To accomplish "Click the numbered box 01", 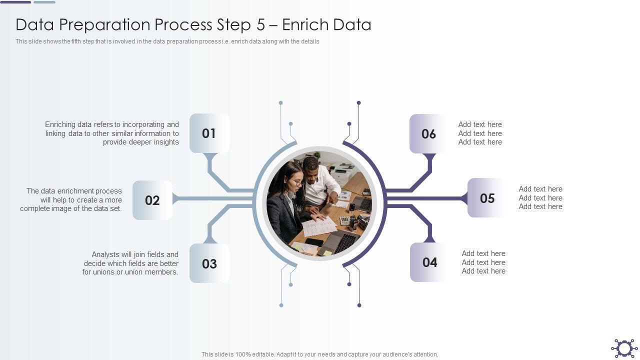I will click(209, 133).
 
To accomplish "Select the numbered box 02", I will click(152, 200).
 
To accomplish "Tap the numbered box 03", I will click(209, 263).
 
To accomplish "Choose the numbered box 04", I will click(429, 262).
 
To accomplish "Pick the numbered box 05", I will click(487, 198).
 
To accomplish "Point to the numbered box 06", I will click(428, 133).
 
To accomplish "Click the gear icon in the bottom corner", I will click(624, 348).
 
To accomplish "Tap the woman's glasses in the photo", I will click(296, 182).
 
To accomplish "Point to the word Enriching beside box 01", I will click(60, 124).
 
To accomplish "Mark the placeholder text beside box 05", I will click(540, 198).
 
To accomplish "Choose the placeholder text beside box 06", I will click(480, 133).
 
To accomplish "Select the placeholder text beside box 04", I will click(483, 262).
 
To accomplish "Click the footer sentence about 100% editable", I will click(319, 354).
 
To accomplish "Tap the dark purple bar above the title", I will click(16, 2).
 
